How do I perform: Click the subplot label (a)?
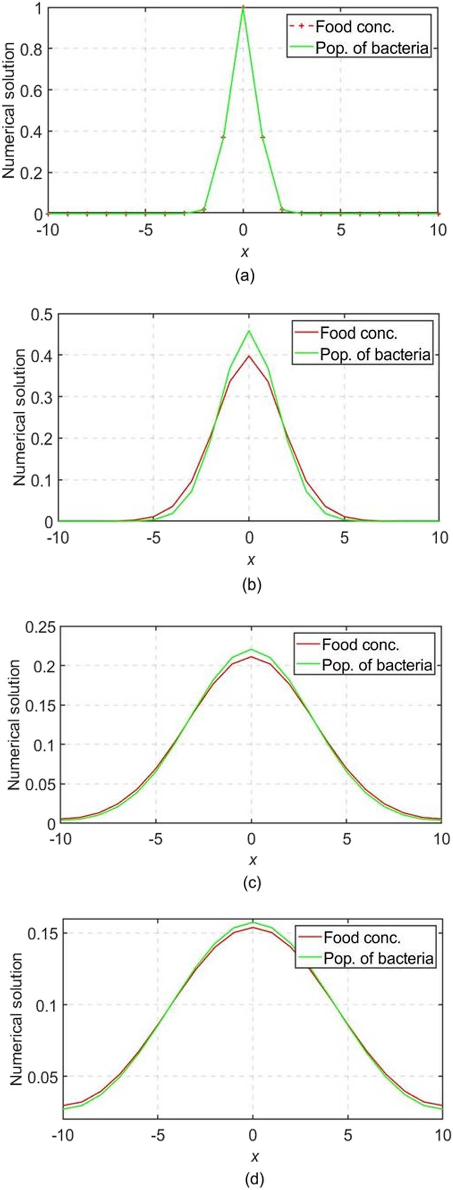point(245,276)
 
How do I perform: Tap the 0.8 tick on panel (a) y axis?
point(31,49)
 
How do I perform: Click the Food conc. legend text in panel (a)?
point(355,27)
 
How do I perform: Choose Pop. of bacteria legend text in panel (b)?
point(375,354)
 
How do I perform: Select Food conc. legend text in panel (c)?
point(361,645)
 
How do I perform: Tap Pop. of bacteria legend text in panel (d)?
point(379,958)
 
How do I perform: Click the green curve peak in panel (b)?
point(249,331)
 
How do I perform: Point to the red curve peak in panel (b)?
point(249,356)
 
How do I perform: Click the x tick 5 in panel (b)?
point(344,538)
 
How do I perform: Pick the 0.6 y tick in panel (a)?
point(31,90)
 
